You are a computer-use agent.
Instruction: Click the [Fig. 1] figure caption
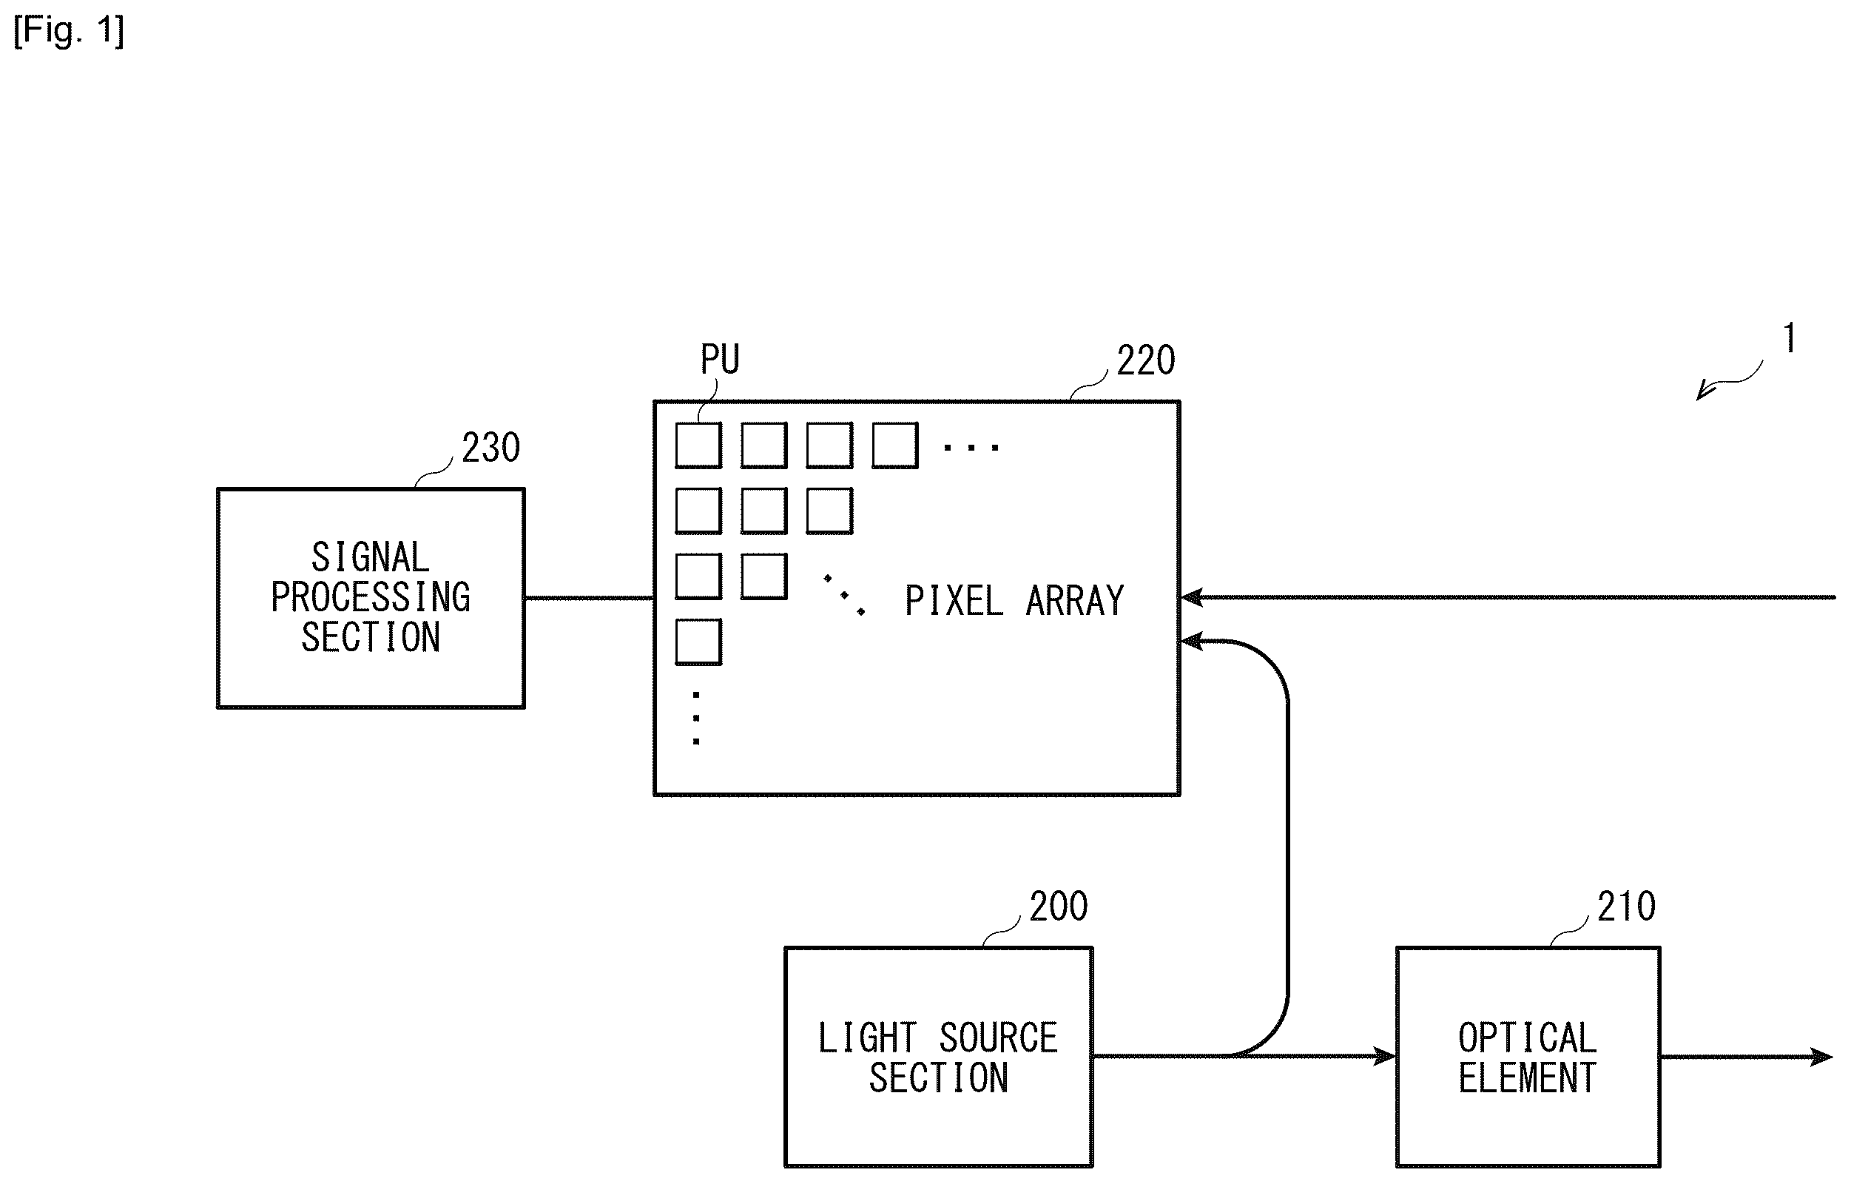point(68,32)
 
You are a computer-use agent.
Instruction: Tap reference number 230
point(490,448)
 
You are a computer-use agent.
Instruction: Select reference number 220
point(1145,360)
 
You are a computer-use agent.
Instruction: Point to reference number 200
point(1059,906)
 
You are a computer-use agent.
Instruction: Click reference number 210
point(1626,906)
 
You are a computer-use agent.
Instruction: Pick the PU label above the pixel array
point(720,359)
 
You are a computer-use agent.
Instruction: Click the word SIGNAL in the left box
point(370,557)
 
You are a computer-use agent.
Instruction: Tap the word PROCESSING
point(371,597)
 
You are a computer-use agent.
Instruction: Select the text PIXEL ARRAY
point(1014,601)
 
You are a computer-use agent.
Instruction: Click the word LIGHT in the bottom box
point(867,1038)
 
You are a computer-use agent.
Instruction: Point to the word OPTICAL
point(1528,1038)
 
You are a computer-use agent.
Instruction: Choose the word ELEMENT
point(1528,1078)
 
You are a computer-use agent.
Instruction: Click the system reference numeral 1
point(1790,338)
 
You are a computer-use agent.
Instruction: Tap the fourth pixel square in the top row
point(894,445)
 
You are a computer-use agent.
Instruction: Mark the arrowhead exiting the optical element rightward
point(1822,1057)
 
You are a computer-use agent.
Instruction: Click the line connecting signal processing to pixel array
point(589,597)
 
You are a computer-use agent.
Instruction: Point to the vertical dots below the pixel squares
point(695,718)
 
